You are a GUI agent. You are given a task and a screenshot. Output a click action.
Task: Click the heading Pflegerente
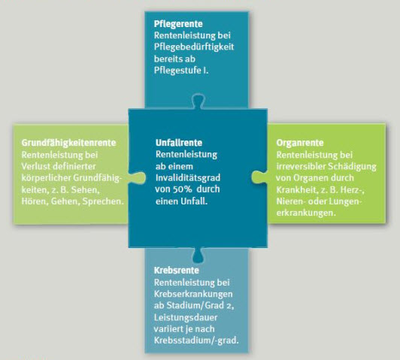(178, 24)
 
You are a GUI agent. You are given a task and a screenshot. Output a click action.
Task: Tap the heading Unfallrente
(179, 143)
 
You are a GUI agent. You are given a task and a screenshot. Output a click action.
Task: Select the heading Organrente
(300, 143)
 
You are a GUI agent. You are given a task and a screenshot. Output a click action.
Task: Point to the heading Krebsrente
(176, 271)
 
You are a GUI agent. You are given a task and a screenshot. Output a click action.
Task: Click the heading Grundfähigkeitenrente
(68, 143)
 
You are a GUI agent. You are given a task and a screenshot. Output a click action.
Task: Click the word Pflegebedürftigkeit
(194, 47)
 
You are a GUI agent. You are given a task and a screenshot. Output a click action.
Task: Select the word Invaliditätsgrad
(188, 177)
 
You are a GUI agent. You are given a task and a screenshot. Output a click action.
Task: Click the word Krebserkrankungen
(193, 294)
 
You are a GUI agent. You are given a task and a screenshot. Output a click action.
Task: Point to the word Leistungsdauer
(186, 317)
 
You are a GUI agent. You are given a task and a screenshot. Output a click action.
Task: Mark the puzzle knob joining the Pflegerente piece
(198, 101)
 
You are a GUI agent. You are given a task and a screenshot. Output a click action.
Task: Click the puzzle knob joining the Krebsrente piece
(198, 256)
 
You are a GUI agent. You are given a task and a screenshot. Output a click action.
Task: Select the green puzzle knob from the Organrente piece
(259, 177)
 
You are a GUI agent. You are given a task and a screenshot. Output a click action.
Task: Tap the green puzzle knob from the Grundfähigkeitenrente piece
(138, 177)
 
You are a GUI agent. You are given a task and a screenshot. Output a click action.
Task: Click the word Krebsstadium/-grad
(196, 341)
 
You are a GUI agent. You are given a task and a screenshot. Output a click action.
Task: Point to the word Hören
(35, 201)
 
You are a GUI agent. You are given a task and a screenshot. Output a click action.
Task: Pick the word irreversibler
(301, 167)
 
